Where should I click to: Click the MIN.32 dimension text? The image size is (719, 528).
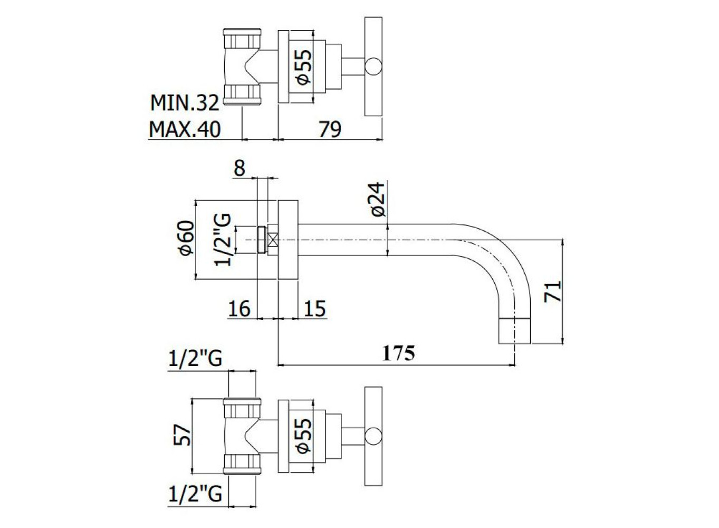pyautogui.click(x=185, y=103)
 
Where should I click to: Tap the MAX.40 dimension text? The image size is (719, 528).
pyautogui.click(x=185, y=129)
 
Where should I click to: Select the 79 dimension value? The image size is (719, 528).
pyautogui.click(x=330, y=129)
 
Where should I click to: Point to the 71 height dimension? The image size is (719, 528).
pyautogui.click(x=553, y=291)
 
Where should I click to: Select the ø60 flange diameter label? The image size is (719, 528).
pyautogui.click(x=187, y=238)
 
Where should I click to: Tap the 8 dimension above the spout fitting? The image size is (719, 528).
pyautogui.click(x=239, y=168)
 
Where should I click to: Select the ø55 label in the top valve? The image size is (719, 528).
pyautogui.click(x=304, y=67)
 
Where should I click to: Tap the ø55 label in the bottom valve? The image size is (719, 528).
pyautogui.click(x=304, y=436)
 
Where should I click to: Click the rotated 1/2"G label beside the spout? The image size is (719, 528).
pyautogui.click(x=223, y=240)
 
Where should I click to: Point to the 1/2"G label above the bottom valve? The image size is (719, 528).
pyautogui.click(x=195, y=359)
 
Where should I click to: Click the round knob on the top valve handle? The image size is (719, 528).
pyautogui.click(x=373, y=67)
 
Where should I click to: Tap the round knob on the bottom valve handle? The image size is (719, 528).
pyautogui.click(x=373, y=436)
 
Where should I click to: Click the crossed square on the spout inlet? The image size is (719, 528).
pyautogui.click(x=273, y=240)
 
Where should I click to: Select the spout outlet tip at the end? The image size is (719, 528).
pyautogui.click(x=514, y=331)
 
